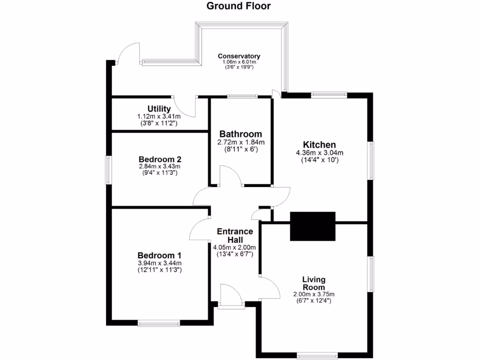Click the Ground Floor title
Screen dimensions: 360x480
click(239, 6)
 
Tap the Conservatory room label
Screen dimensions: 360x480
click(239, 56)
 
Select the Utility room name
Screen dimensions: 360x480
click(158, 109)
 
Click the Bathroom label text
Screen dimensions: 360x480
click(241, 134)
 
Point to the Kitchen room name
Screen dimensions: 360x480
click(319, 144)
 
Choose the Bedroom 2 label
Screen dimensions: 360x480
click(160, 159)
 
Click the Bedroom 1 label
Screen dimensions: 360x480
click(159, 255)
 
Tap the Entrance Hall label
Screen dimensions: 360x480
click(234, 235)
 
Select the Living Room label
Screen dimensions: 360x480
click(314, 283)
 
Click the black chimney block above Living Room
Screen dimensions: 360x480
click(313, 226)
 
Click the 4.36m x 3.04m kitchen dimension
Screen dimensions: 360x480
click(319, 153)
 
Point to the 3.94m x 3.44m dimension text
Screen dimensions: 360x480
click(159, 263)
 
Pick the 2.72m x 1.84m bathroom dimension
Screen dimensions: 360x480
click(241, 142)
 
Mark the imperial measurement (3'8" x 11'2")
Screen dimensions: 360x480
click(158, 123)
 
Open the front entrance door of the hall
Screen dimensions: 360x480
click(231, 296)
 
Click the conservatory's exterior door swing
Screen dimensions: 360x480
click(128, 52)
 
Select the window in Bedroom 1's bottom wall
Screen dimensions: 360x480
click(159, 322)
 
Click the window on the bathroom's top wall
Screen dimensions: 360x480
click(242, 97)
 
